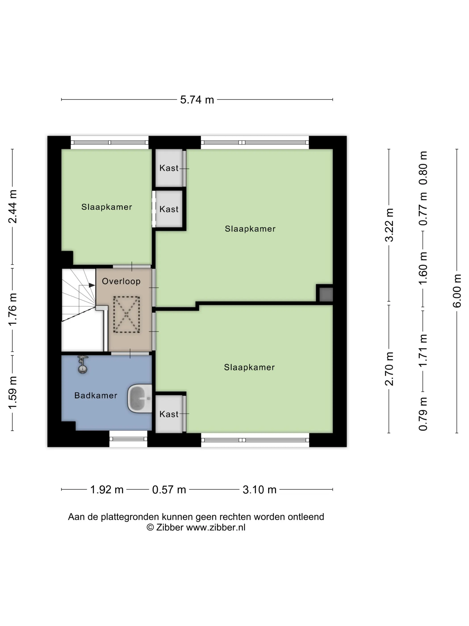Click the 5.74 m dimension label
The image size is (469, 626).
pyautogui.click(x=197, y=100)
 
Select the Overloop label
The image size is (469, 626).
pyautogui.click(x=121, y=281)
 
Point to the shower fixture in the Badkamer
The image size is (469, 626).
pyautogui.click(x=83, y=364)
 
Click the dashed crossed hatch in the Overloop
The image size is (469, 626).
pyautogui.click(x=126, y=314)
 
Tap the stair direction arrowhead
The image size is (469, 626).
pyautogui.click(x=92, y=285)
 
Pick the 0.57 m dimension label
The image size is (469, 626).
pyautogui.click(x=169, y=490)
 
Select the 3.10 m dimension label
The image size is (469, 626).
pyautogui.click(x=260, y=490)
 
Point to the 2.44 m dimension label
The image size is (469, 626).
pyautogui.click(x=13, y=207)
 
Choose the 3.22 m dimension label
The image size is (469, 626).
pyautogui.click(x=389, y=225)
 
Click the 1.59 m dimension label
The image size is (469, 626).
pyautogui.click(x=13, y=393)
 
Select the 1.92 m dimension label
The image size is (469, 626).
pyautogui.click(x=107, y=490)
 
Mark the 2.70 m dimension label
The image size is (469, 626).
pyautogui.click(x=389, y=369)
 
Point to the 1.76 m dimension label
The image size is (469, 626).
pyautogui.click(x=13, y=309)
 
